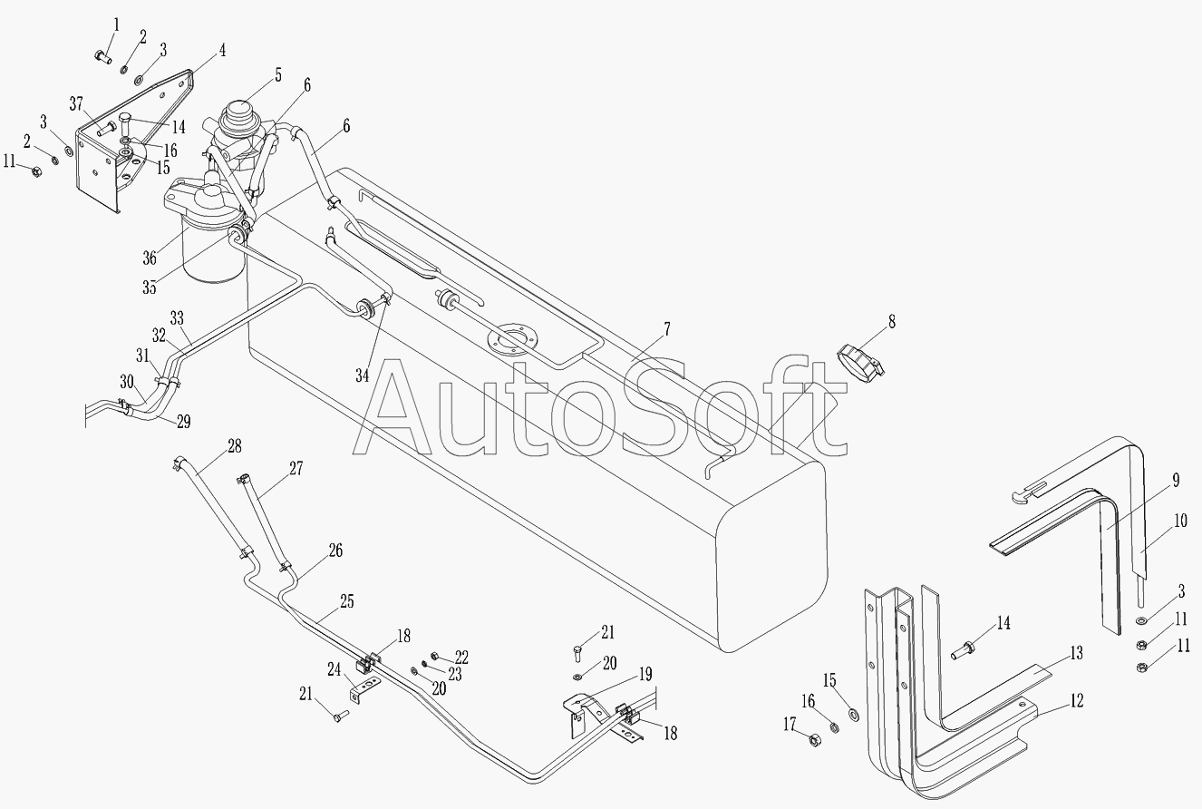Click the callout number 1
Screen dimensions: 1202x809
click(116, 25)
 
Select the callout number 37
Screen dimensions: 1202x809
click(77, 103)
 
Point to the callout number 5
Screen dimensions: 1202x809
click(278, 74)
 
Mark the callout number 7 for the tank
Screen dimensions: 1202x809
click(667, 329)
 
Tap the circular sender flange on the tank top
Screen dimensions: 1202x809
click(511, 341)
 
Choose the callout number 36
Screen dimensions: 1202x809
click(150, 258)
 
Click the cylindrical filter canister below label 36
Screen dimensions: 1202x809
click(214, 252)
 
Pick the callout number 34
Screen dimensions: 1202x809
click(363, 375)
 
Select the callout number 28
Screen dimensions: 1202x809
click(235, 445)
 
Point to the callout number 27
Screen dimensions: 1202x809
click(296, 468)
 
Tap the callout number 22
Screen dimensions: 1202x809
click(461, 657)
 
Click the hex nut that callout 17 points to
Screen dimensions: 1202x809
click(815, 741)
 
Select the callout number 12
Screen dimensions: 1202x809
click(1076, 700)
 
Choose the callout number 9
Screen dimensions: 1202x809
click(1176, 480)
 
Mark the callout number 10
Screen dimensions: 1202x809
click(1180, 521)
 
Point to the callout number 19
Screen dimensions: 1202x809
click(645, 674)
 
